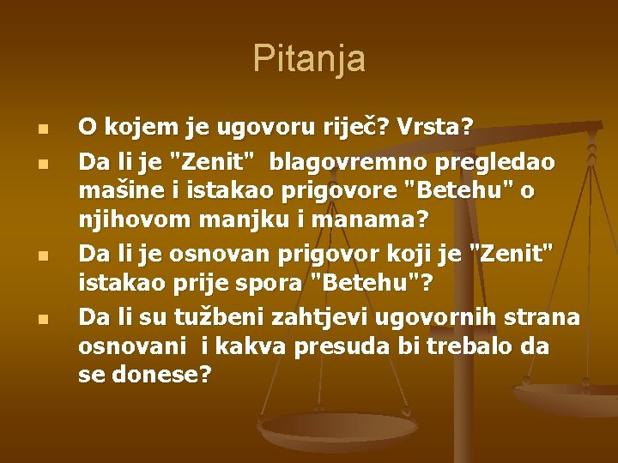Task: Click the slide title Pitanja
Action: click(x=309, y=59)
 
